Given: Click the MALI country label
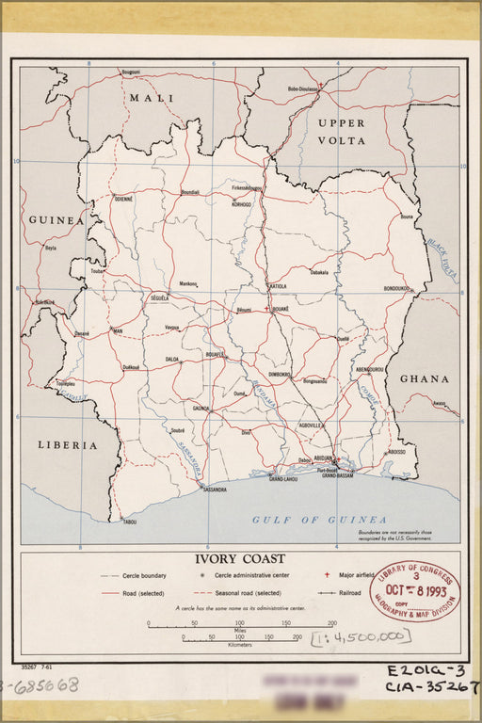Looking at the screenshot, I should click(x=153, y=98).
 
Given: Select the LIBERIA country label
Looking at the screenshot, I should click(x=68, y=443).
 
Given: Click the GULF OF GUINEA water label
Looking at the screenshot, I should click(x=319, y=520).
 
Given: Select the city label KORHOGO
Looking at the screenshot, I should click(x=242, y=203).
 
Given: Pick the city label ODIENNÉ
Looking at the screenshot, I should click(x=123, y=200).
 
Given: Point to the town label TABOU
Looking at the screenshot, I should click(x=129, y=522).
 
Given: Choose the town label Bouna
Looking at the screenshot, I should click(x=406, y=217).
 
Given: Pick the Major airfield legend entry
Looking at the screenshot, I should click(x=349, y=574).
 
